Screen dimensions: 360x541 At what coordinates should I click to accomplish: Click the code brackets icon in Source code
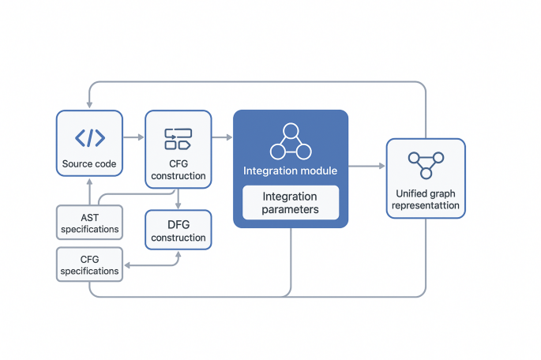point(89,137)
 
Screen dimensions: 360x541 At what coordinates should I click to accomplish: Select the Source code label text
point(89,165)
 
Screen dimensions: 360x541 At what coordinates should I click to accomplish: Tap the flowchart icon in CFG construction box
point(178,139)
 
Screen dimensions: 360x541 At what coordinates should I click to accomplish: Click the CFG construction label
point(178,170)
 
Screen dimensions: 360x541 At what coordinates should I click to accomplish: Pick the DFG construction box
point(178,231)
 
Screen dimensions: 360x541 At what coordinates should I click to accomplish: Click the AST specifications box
point(89,222)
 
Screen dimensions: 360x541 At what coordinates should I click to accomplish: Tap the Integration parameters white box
point(290,203)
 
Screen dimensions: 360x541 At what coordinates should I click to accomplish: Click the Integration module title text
point(290,171)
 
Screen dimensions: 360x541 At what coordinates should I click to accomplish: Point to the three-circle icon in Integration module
point(290,141)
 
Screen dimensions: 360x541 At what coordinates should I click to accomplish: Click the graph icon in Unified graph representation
point(426,164)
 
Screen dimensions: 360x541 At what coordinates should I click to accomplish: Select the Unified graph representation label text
point(426,200)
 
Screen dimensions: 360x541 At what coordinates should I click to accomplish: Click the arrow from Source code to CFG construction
point(133,137)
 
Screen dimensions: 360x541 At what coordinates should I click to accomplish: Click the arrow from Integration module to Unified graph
point(366,167)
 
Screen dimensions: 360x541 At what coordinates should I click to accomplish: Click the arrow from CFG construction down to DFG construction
point(178,199)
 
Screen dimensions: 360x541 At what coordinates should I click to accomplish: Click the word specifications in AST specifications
point(89,230)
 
